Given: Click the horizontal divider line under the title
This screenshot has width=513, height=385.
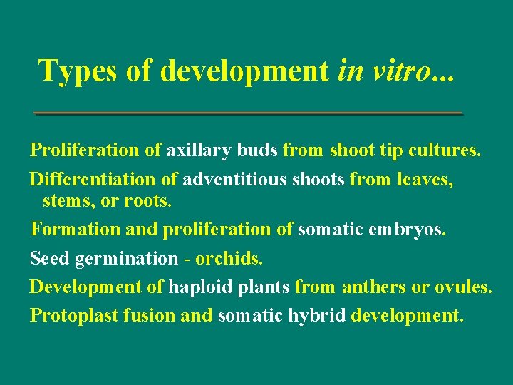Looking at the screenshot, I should (249, 113).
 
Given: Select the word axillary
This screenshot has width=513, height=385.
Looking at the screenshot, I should (199, 150).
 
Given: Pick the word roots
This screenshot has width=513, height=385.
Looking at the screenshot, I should (147, 201).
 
